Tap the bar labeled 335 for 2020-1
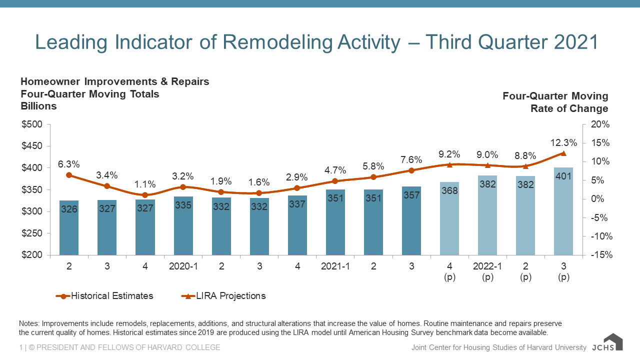coord(183,225)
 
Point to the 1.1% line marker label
coord(145,184)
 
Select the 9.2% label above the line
coord(449,154)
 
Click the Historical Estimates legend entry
coord(104,295)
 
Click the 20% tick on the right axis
coord(600,124)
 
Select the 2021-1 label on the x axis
coord(335,266)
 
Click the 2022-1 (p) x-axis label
coord(487,271)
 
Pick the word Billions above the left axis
coord(38,106)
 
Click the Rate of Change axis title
coord(569,108)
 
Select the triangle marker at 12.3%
coord(563,153)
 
